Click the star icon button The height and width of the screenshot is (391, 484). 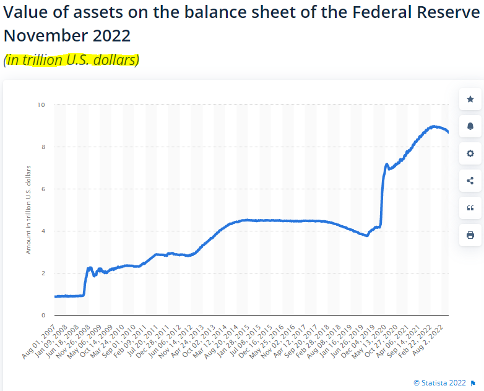point(470,99)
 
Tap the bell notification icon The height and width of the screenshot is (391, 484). point(470,126)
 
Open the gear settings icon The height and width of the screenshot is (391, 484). point(470,153)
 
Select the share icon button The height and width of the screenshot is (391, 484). point(470,181)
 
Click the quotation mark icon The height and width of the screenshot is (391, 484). point(470,208)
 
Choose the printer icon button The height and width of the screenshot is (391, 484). point(470,235)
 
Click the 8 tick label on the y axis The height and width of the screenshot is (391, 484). point(43,147)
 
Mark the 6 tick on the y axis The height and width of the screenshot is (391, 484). point(43,189)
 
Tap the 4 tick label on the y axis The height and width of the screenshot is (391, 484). point(43,231)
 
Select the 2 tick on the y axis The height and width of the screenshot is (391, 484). point(43,273)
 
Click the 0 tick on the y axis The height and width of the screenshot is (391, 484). point(43,315)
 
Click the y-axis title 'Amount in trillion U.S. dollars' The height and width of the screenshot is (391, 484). point(28,210)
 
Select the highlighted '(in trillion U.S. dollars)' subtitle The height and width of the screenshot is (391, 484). point(72,60)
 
